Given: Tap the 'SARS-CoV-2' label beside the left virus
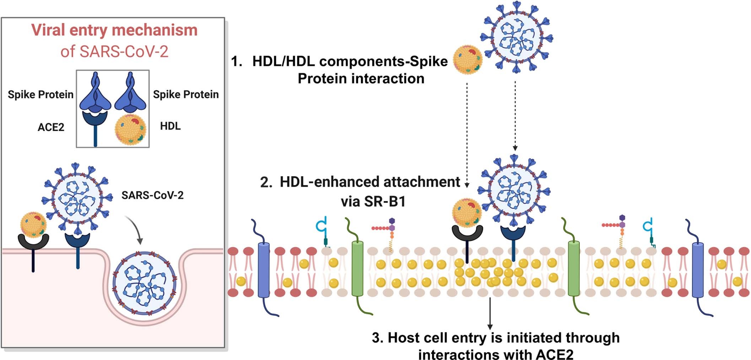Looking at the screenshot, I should coord(152,195).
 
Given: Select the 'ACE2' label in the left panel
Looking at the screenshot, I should coord(51,127).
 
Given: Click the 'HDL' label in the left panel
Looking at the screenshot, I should coord(170,126).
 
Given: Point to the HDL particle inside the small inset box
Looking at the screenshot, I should coord(130,130).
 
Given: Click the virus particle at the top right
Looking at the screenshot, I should coord(516,37).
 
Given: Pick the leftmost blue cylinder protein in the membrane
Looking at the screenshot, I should coord(263,270).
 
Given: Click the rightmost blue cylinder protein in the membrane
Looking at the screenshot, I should coord(698,270).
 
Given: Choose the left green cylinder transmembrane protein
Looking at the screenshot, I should coord(357,269).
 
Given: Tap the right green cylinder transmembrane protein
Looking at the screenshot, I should coord(573,269).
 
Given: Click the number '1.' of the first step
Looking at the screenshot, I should coord(237,61).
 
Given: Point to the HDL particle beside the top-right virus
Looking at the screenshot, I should coord(468,60).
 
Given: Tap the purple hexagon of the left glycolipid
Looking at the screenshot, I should coord(392,221).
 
